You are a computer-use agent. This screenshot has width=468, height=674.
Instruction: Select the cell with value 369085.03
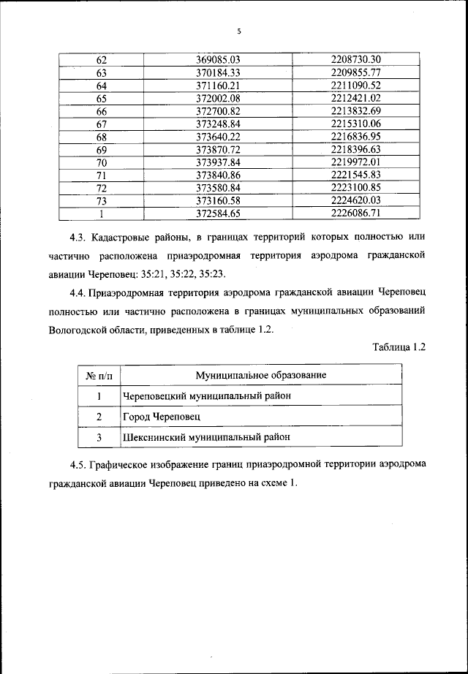pos(219,59)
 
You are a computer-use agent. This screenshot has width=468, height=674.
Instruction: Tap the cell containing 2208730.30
pos(357,59)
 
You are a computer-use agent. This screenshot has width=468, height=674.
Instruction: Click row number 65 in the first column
pos(101,99)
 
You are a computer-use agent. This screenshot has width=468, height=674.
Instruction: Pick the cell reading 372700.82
pos(219,111)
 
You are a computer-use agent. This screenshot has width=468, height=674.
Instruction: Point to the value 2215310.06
pos(357,124)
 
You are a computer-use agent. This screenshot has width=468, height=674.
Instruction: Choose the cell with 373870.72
pos(219,150)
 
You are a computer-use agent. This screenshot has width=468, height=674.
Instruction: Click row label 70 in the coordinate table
pos(101,163)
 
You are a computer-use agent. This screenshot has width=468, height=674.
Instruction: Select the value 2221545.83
pos(357,176)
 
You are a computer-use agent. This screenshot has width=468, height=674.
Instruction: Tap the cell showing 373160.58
pos(219,202)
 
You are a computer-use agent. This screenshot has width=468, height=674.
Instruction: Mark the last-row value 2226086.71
pos(357,215)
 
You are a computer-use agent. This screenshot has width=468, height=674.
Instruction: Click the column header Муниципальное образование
pos(260,375)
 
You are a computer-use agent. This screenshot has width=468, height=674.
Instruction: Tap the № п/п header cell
pos(99,375)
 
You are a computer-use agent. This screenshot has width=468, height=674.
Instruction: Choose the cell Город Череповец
pos(160,417)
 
